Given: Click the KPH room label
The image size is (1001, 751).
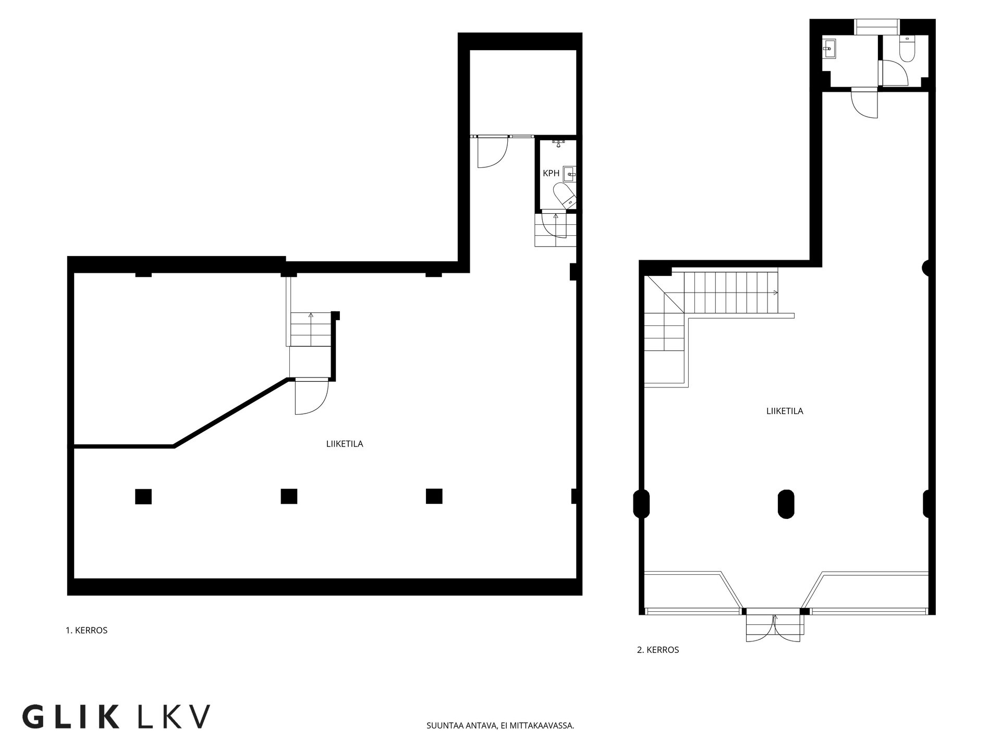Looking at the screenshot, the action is [x=551, y=173].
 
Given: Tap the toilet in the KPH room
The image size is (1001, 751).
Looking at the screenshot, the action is [x=565, y=195].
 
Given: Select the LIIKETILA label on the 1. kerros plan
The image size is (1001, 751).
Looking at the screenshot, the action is [x=345, y=444].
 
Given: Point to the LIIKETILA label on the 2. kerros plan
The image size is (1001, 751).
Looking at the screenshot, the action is [x=785, y=411].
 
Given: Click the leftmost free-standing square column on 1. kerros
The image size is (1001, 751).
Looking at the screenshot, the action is [x=143, y=496].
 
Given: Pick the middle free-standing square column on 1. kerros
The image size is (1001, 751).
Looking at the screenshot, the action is [x=289, y=496].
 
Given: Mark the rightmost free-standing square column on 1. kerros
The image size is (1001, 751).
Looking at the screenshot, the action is [x=434, y=496].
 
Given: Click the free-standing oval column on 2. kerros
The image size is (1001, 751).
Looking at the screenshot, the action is [x=786, y=504].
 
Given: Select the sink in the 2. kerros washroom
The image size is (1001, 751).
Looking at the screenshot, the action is [x=830, y=50].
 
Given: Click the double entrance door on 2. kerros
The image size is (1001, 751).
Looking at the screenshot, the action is [x=774, y=628].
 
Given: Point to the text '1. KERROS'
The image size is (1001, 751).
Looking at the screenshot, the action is [x=87, y=630].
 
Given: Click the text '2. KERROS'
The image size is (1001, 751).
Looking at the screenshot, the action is [x=658, y=650].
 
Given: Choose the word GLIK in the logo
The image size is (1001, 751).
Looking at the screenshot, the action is [x=71, y=717].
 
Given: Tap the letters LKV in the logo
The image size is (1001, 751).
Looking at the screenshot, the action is [x=174, y=717].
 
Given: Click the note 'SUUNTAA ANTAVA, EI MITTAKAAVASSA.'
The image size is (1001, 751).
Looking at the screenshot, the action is [x=500, y=725].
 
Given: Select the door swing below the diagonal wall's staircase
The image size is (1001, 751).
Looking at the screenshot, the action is [x=311, y=397].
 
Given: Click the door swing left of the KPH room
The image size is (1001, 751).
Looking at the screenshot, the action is [x=492, y=152].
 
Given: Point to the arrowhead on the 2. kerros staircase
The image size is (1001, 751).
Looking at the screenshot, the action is [x=776, y=292].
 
